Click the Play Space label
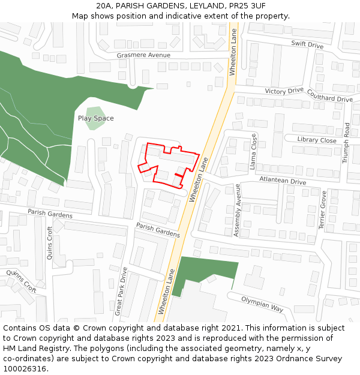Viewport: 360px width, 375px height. coord(95,118)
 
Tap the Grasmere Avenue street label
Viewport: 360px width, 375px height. coord(143,55)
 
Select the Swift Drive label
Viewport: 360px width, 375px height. coord(307,45)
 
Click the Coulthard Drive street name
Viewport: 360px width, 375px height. coord(329,96)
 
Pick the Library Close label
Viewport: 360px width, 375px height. coord(317,140)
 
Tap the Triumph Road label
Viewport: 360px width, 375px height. coord(346,143)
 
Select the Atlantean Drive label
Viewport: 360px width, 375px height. coord(282,181)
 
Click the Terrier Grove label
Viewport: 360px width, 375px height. coord(322,210)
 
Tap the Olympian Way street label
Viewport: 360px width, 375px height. coord(262,304)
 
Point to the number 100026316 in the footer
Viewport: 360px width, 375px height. coord(25,368)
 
